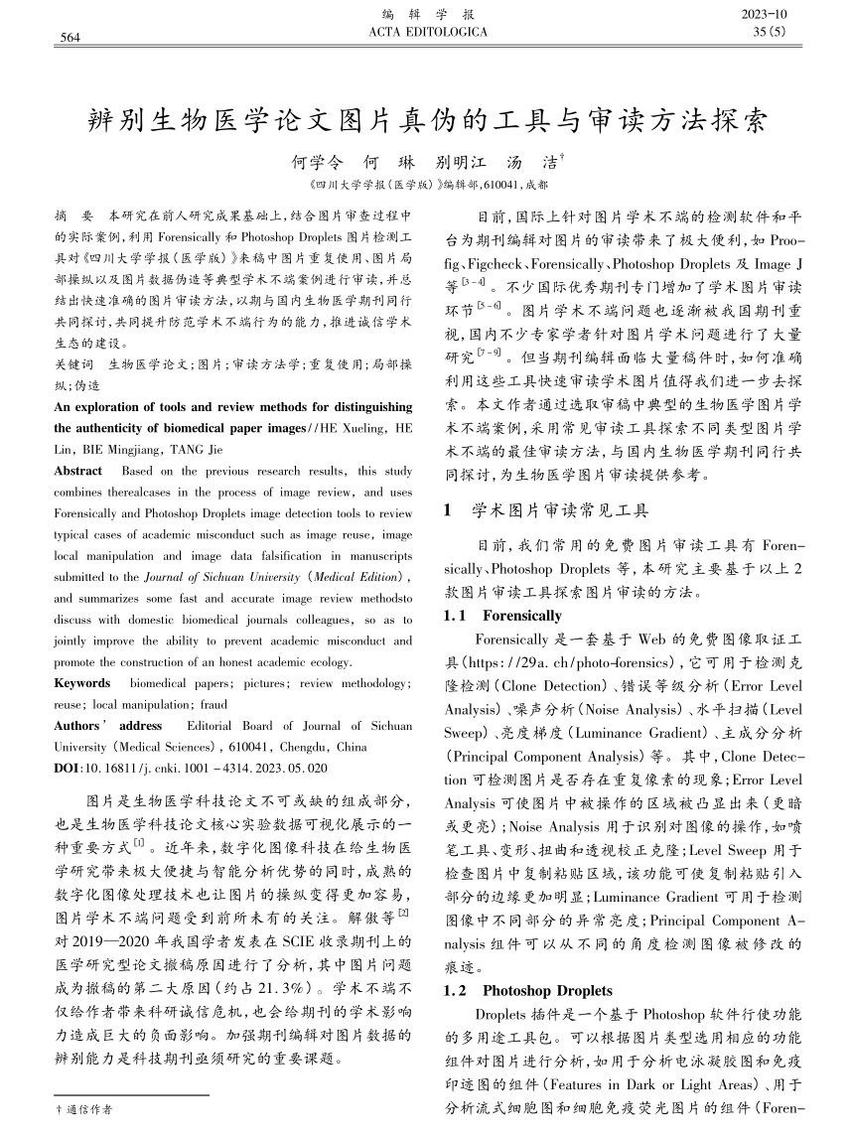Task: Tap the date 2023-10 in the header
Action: (x=764, y=15)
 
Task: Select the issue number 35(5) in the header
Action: (x=769, y=33)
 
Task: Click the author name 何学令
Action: (x=315, y=161)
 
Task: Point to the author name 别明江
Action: (x=461, y=161)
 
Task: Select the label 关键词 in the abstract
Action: (x=73, y=365)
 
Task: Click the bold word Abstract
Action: (x=77, y=471)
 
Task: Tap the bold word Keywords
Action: (x=81, y=683)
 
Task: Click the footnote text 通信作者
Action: (x=89, y=1108)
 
